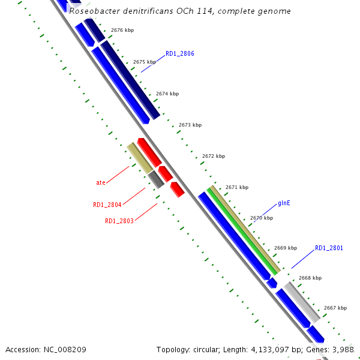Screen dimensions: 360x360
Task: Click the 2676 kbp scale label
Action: (x=122, y=29)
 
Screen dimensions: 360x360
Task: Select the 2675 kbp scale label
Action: (x=145, y=62)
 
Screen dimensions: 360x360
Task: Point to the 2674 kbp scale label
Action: (x=167, y=94)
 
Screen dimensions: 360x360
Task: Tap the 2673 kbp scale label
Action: (x=190, y=125)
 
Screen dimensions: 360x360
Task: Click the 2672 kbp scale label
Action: (x=214, y=156)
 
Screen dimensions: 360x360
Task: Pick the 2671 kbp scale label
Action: (x=237, y=187)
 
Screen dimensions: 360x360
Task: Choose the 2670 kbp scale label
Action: (x=262, y=218)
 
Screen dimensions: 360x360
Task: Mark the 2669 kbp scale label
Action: (x=286, y=248)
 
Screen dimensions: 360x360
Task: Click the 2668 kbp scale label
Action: (x=310, y=278)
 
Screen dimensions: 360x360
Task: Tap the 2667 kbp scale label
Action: (x=335, y=308)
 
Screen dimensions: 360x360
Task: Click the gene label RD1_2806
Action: (x=180, y=53)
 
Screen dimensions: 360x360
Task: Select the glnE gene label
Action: (x=284, y=203)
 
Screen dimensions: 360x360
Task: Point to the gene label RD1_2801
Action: (x=329, y=248)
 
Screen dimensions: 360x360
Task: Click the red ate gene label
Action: (x=101, y=182)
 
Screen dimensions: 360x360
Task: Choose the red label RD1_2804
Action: (x=107, y=205)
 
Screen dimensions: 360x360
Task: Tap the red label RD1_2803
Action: (x=119, y=221)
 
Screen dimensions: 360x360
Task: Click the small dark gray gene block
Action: (x=156, y=178)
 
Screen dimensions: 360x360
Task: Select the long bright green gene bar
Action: (x=243, y=230)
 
